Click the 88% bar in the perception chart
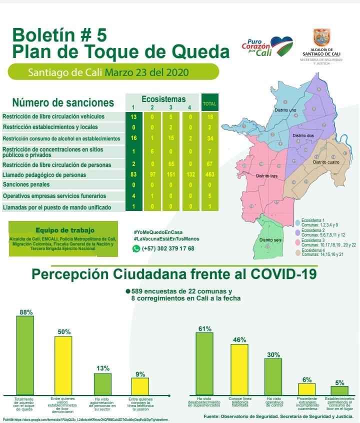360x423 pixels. (x=25, y=355)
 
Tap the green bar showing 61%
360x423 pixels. (x=204, y=363)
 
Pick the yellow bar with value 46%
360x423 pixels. (x=239, y=369)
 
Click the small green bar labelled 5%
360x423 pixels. (x=339, y=389)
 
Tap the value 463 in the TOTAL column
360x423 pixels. (x=210, y=175)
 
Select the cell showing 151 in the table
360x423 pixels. (x=171, y=175)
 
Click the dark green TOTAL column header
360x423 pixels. (x=210, y=104)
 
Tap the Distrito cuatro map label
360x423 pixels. (x=326, y=162)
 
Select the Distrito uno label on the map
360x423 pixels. (x=285, y=110)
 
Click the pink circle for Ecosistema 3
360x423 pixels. (x=298, y=242)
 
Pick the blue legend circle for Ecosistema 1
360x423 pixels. (x=298, y=222)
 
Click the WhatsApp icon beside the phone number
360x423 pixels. (x=136, y=248)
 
